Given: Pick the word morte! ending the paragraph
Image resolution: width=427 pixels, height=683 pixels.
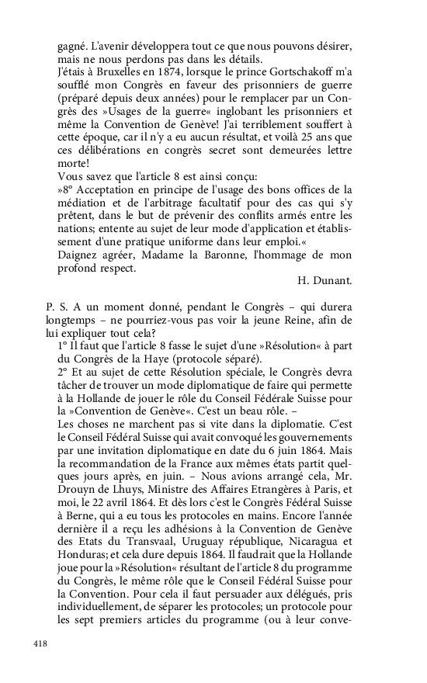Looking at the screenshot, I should [x=74, y=164].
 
